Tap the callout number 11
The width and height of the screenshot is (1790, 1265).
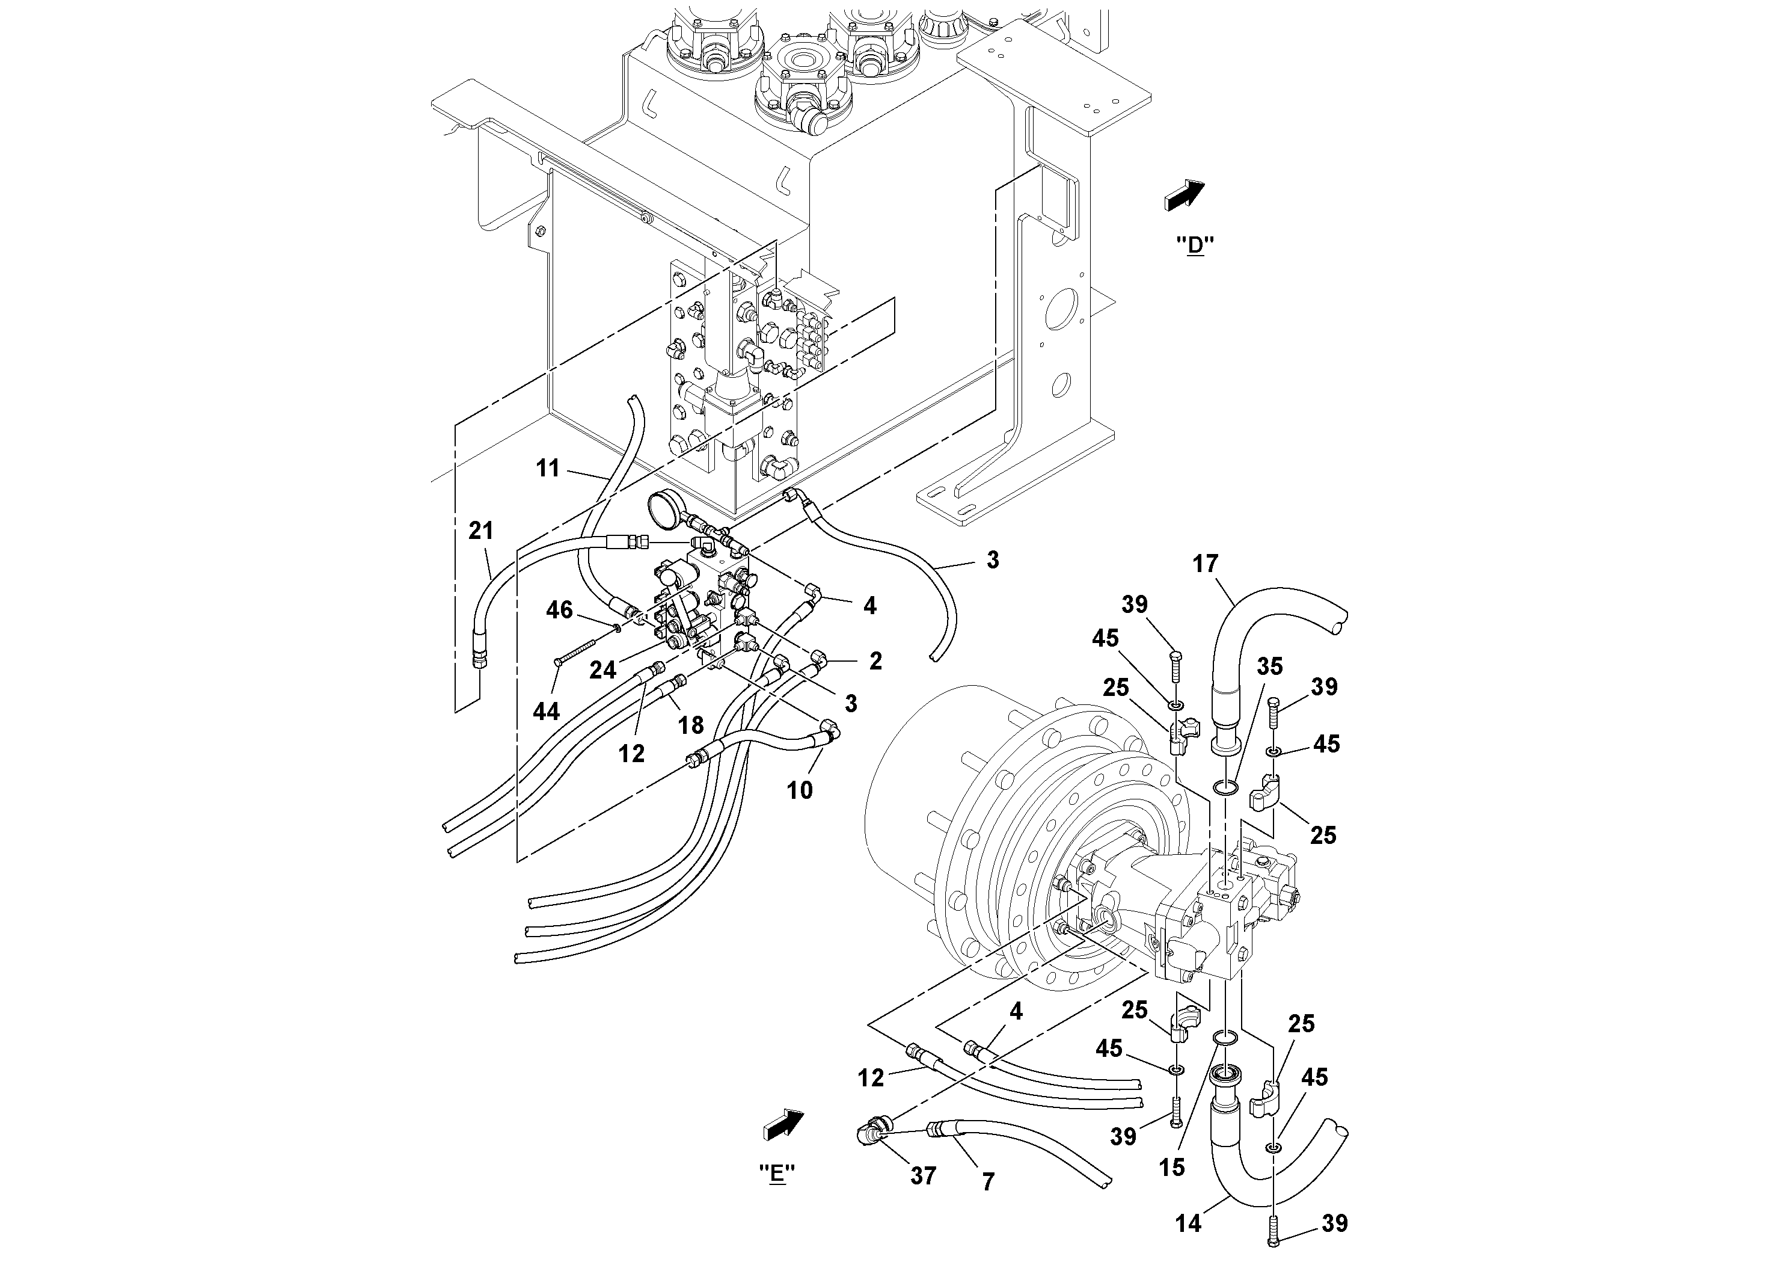click(548, 468)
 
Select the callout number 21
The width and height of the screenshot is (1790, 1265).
click(481, 531)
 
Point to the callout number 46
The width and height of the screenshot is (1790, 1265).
click(559, 609)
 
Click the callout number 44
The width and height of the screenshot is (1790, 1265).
click(546, 710)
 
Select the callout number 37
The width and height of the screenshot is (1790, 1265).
click(923, 1175)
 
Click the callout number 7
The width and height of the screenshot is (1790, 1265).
click(988, 1183)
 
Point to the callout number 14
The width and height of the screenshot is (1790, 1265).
click(1188, 1223)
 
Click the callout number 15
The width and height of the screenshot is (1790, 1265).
click(1172, 1167)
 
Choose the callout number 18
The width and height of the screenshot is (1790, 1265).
click(691, 725)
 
